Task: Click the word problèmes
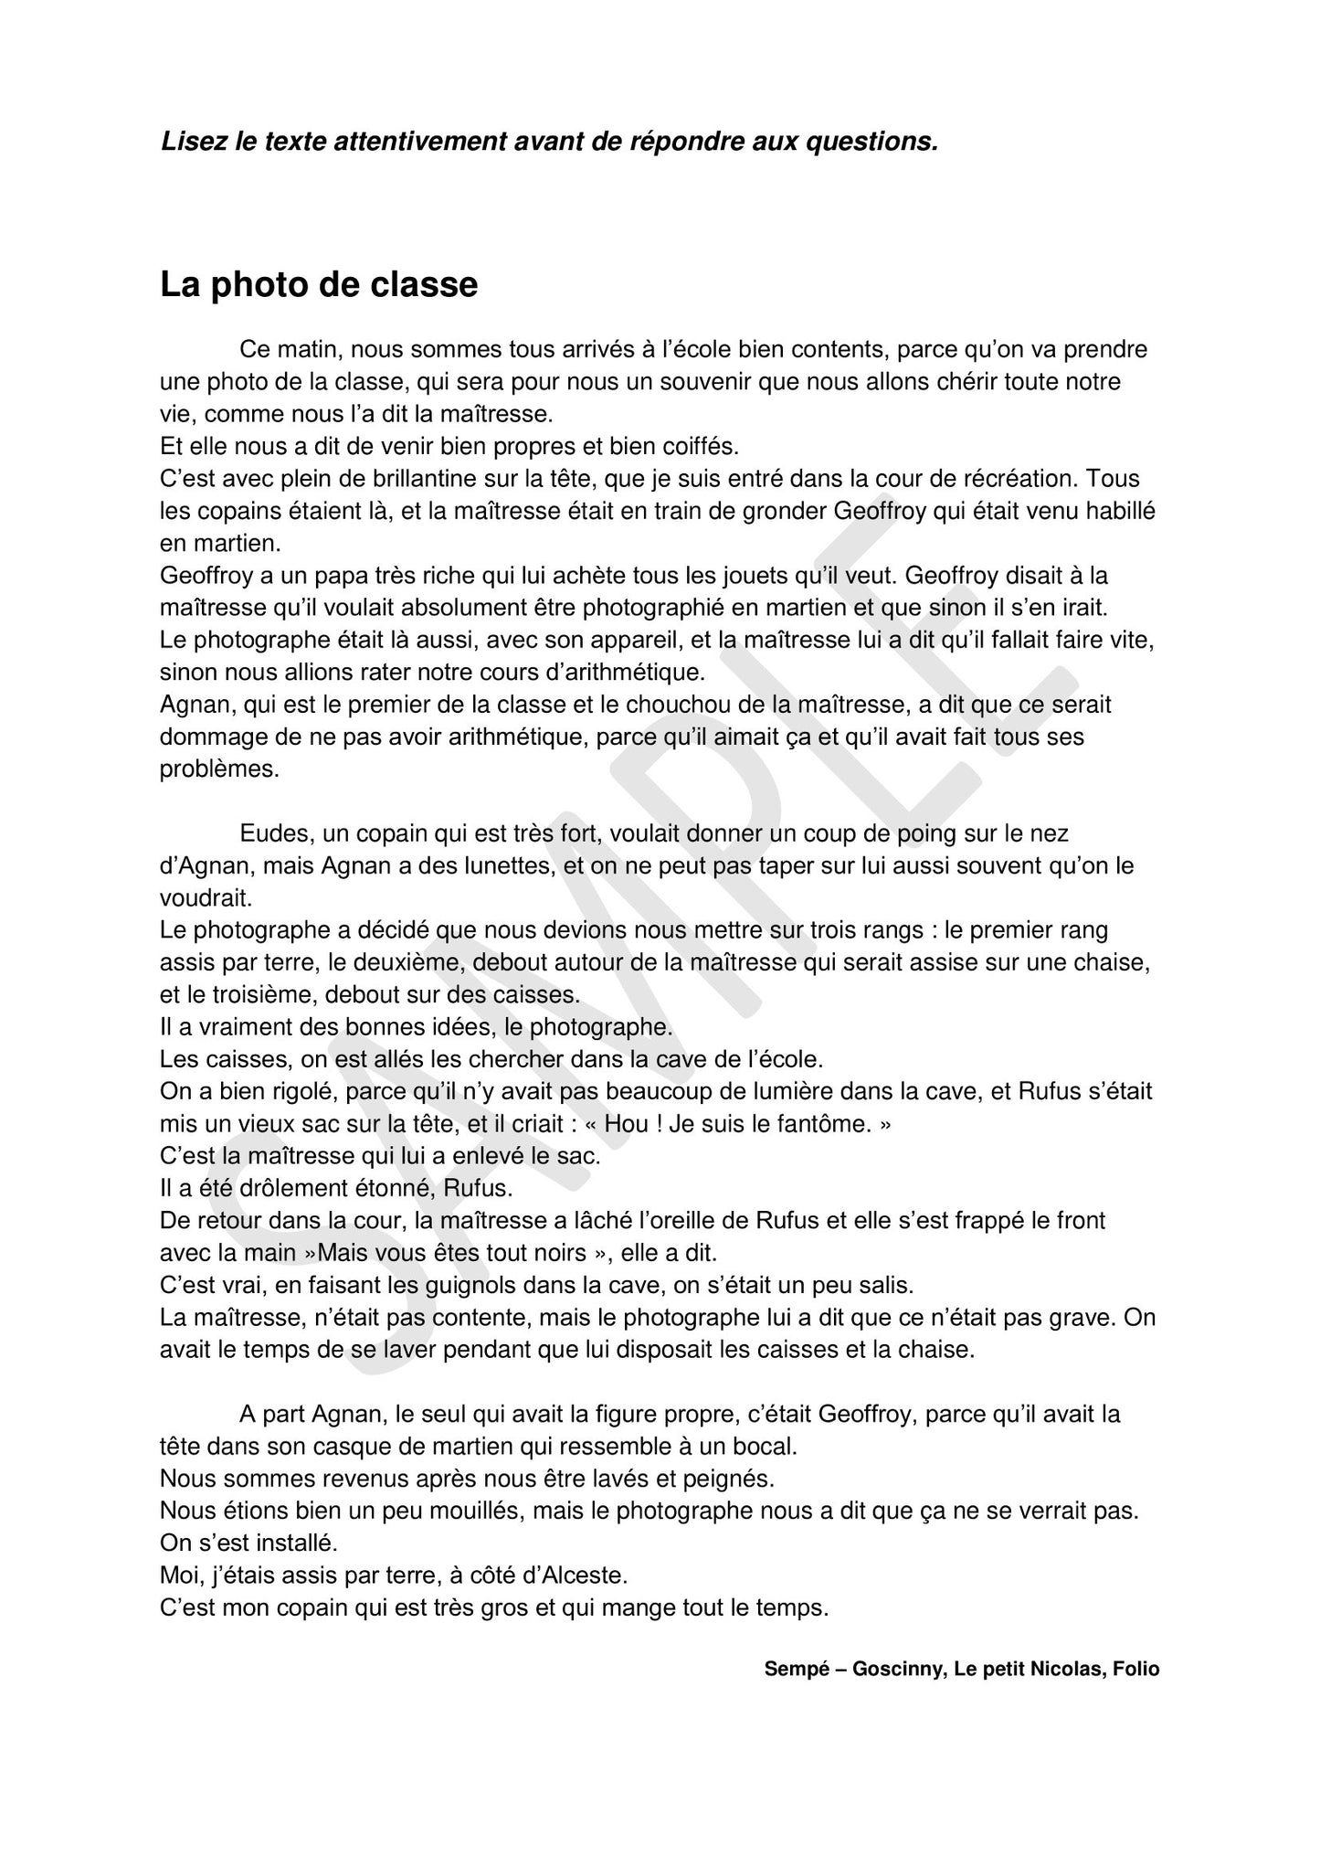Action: click(x=219, y=769)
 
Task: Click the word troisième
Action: click(x=250, y=994)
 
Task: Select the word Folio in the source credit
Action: click(x=1135, y=1670)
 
